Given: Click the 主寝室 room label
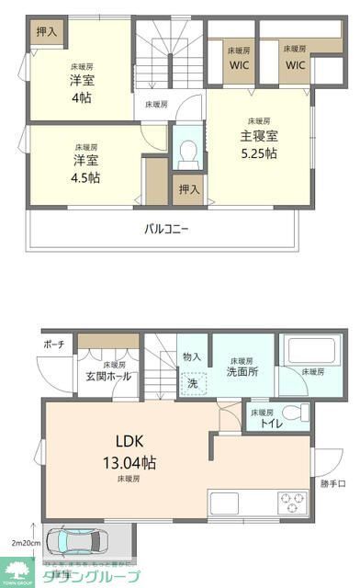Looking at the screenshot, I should pos(259,136).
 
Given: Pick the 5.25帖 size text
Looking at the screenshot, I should pos(258,153).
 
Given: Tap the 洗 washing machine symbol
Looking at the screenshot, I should pos(193,382).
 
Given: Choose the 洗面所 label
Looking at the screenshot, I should pos(242,372).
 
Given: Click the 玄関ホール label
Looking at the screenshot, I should pos(107,376).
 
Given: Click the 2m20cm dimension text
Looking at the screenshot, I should pos(23,543).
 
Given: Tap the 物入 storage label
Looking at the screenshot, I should pos(192,356).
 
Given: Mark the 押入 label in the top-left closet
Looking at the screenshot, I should pos(46,31).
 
